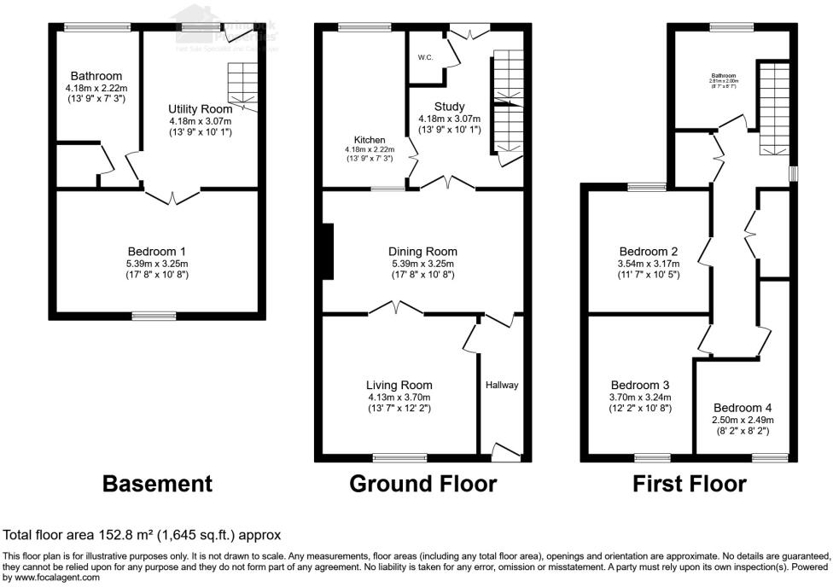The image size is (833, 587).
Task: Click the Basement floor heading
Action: pos(157,484)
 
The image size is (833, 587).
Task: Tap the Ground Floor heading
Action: pos(422,484)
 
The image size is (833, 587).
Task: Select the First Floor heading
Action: pos(689,484)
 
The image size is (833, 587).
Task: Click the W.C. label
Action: pos(425,59)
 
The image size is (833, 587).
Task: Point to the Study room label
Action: pos(449,107)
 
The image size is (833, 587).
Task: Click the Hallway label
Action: pos(502,385)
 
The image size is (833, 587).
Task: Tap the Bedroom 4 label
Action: pos(742,407)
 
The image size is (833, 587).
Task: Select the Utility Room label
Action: pos(200,109)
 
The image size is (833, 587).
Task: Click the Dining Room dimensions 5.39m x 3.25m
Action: pos(422,264)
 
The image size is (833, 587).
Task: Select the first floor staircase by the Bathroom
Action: pos(774,107)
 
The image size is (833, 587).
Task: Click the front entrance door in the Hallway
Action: pos(507,452)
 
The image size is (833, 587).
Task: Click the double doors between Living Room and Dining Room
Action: pos(397,308)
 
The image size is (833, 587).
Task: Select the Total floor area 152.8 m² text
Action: pos(143,535)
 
